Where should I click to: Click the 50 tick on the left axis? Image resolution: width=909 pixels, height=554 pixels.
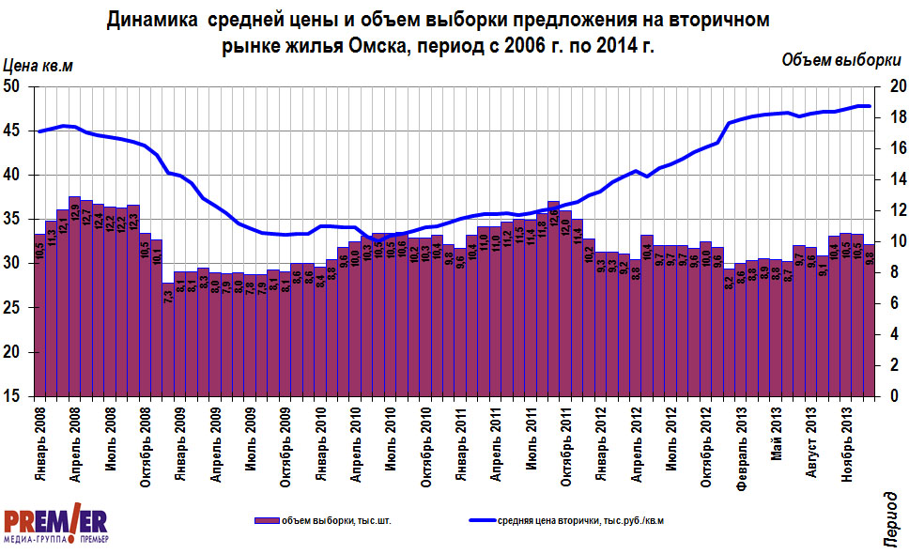point(17,86)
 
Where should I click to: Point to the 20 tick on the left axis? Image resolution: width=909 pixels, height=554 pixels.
point(17,353)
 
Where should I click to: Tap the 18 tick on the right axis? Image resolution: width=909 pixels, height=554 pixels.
point(895,117)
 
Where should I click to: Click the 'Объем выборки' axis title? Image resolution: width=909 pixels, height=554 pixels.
point(839,60)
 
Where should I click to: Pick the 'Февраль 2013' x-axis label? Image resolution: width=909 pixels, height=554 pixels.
point(743,448)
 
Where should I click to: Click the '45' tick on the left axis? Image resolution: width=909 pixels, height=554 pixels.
point(17,131)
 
